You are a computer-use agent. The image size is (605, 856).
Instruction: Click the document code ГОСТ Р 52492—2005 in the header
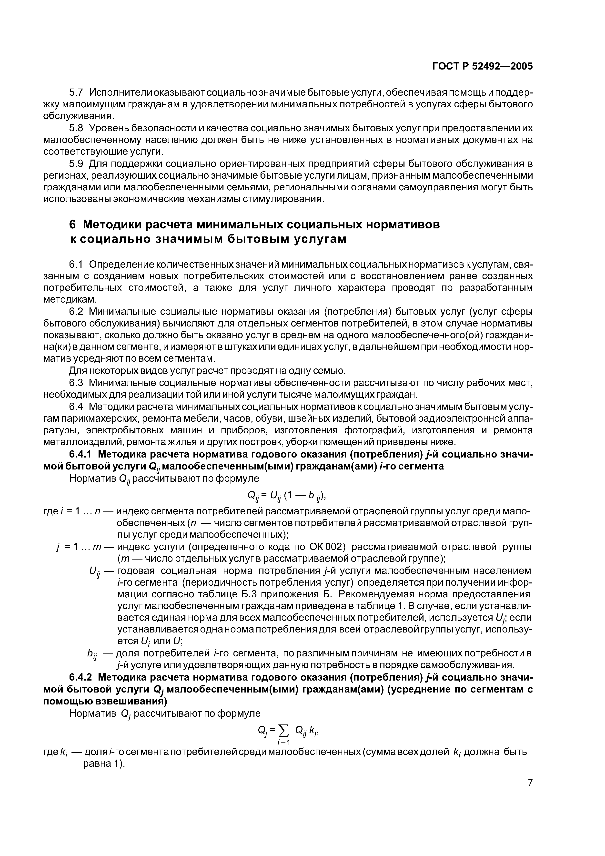click(x=482, y=66)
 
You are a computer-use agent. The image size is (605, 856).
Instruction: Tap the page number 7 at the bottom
click(x=530, y=793)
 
